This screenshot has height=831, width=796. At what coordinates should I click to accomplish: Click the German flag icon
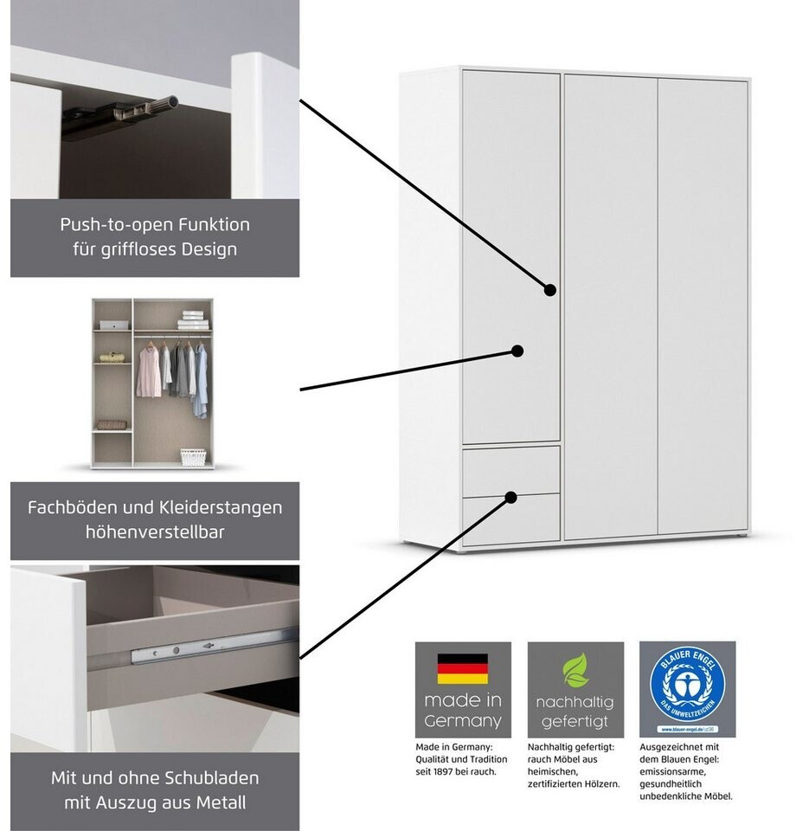462,668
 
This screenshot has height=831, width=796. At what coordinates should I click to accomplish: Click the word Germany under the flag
463,721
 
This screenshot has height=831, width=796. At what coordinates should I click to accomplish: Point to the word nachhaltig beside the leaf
575,702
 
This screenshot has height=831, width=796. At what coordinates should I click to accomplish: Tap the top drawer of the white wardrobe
510,470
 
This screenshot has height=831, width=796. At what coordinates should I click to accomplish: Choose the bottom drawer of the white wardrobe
510,519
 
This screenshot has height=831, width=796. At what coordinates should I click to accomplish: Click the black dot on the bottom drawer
511,497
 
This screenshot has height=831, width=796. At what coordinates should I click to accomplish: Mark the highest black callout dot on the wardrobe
550,290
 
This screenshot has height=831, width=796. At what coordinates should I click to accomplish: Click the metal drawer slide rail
208,645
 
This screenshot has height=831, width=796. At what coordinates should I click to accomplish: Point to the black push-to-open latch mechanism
121,115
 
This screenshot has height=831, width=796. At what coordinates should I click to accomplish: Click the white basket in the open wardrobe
193,456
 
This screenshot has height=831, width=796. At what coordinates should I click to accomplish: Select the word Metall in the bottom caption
218,802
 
